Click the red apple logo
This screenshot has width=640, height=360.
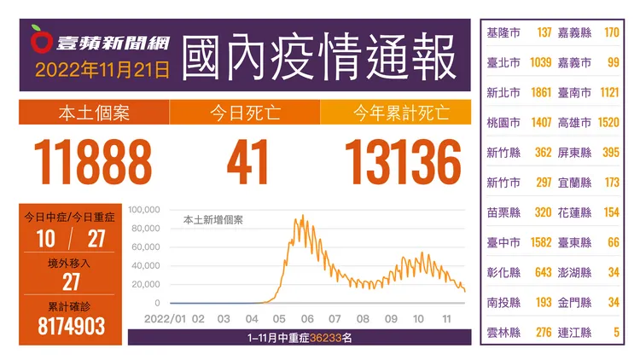(x=41, y=39)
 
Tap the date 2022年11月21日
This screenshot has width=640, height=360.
(x=102, y=70)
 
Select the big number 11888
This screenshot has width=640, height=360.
(x=93, y=162)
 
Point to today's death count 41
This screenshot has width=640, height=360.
(x=247, y=162)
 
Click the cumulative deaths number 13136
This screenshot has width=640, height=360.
(x=403, y=162)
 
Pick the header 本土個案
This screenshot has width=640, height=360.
(x=94, y=113)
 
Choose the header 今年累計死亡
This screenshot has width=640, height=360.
(x=401, y=113)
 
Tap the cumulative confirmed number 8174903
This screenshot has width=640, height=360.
(x=72, y=326)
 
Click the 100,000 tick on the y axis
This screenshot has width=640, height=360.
(x=144, y=210)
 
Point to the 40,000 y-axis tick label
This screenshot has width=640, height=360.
(x=146, y=265)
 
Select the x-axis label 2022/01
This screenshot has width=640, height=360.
(x=165, y=319)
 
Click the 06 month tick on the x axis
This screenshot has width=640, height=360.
(x=307, y=319)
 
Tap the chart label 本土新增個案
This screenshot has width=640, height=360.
(x=213, y=220)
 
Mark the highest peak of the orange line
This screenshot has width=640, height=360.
(x=303, y=215)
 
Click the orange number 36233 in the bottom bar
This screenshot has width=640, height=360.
(x=326, y=338)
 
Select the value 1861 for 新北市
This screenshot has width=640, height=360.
(x=541, y=93)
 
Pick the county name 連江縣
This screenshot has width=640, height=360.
(x=574, y=333)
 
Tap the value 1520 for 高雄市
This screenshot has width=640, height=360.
(x=608, y=123)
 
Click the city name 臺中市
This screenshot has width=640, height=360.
(x=503, y=242)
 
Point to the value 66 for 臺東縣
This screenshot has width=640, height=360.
(x=614, y=242)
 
